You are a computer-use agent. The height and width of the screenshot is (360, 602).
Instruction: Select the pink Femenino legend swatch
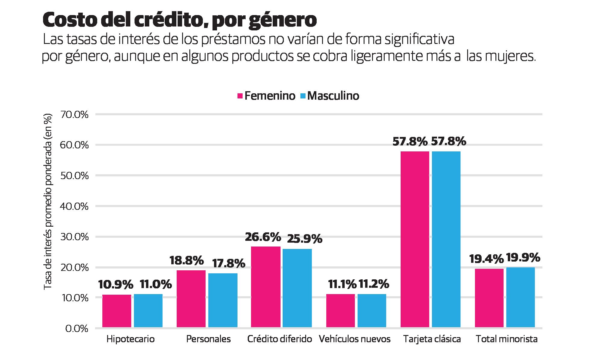[240, 96]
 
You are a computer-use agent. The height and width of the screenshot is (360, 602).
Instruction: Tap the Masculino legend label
[333, 96]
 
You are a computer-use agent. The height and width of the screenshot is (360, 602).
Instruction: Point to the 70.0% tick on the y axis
[74, 115]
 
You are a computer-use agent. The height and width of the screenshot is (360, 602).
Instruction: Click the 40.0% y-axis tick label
[74, 206]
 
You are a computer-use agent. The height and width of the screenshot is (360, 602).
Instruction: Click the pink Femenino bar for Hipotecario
[117, 311]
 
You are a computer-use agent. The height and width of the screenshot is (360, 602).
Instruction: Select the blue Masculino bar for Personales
[223, 300]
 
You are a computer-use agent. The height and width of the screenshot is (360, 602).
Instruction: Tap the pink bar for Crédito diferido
[265, 287]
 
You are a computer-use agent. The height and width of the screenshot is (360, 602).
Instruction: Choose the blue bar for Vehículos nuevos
[372, 310]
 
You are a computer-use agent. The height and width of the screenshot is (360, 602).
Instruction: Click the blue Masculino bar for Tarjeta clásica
[446, 239]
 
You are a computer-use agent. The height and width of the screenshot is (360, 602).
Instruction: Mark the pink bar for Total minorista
[489, 298]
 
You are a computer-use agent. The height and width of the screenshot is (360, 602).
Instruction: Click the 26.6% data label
[263, 237]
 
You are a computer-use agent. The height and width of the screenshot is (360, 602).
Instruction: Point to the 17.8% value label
[229, 264]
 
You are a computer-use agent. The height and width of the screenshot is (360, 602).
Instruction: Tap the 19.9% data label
[523, 258]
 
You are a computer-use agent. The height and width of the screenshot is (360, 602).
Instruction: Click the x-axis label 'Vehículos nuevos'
[355, 339]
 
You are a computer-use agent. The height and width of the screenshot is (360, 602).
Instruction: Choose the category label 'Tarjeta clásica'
[432, 339]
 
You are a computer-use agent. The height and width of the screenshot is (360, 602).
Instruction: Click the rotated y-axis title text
[48, 202]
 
